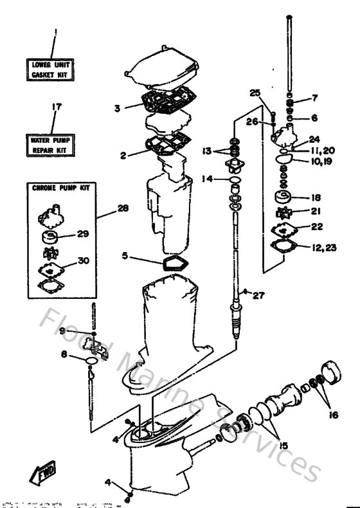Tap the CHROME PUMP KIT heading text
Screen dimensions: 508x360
point(60,188)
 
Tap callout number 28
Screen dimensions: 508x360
point(123,209)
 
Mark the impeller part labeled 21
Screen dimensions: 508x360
point(282,212)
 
